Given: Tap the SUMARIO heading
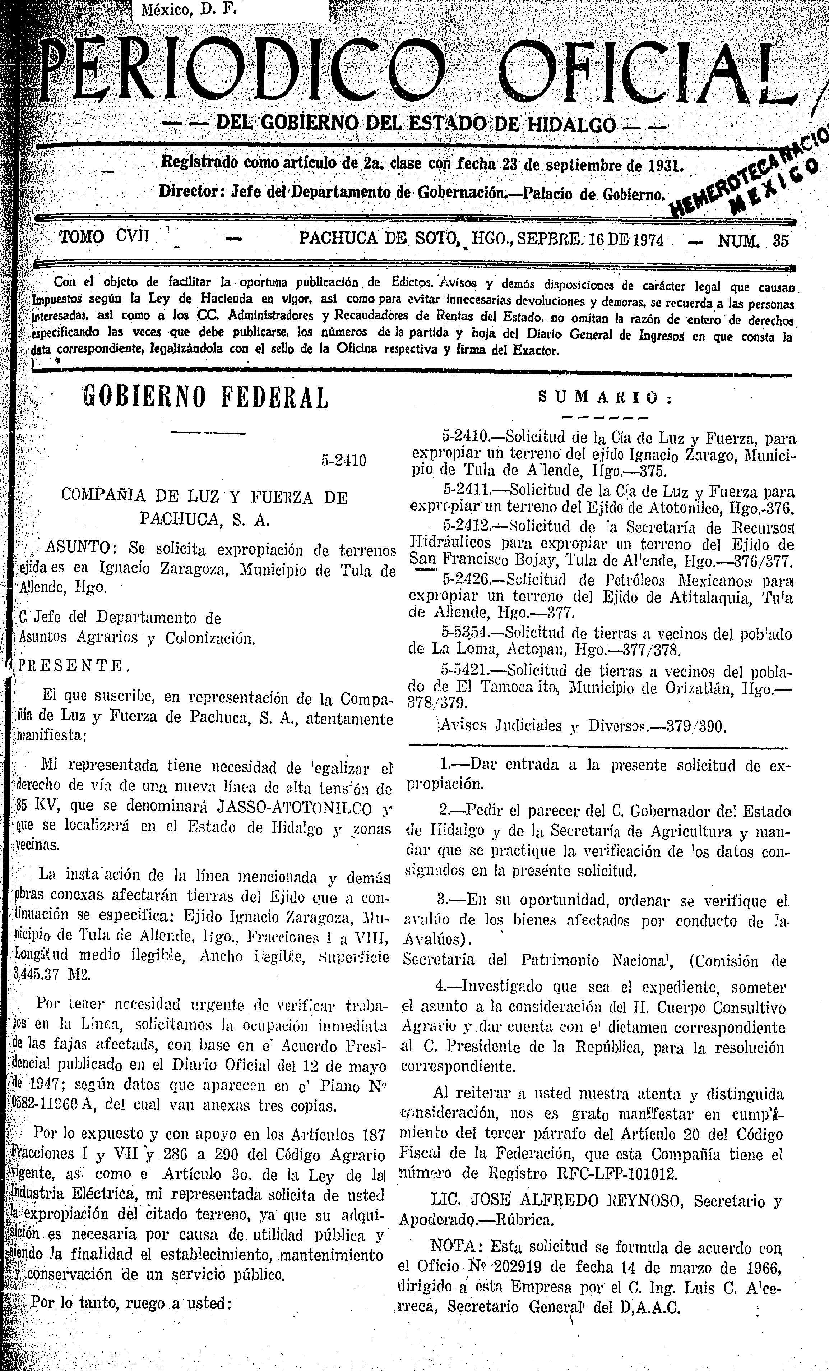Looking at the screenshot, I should pos(605,398).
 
